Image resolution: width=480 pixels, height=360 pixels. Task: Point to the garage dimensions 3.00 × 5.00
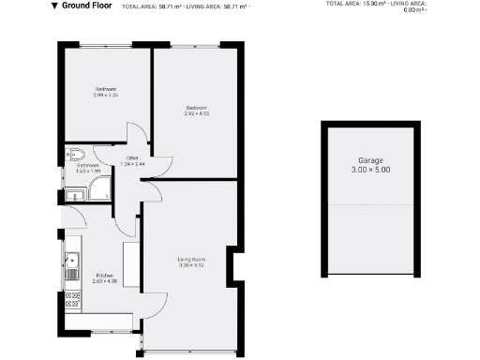(x=371, y=170)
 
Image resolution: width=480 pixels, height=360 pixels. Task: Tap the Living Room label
(x=191, y=259)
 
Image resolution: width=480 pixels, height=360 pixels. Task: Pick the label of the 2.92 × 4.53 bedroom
(x=196, y=108)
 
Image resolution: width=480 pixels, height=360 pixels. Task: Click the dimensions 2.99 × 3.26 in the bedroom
(x=105, y=95)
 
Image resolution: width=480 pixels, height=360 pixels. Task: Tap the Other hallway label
(x=133, y=157)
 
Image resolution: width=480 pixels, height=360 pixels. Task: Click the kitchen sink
(x=71, y=260)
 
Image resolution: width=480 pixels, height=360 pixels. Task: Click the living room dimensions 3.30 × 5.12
(x=191, y=265)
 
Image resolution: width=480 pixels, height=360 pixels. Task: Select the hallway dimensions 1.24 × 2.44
(x=133, y=164)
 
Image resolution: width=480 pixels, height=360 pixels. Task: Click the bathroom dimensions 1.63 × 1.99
(x=88, y=172)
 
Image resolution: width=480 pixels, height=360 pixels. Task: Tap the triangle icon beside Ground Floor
(x=54, y=6)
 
